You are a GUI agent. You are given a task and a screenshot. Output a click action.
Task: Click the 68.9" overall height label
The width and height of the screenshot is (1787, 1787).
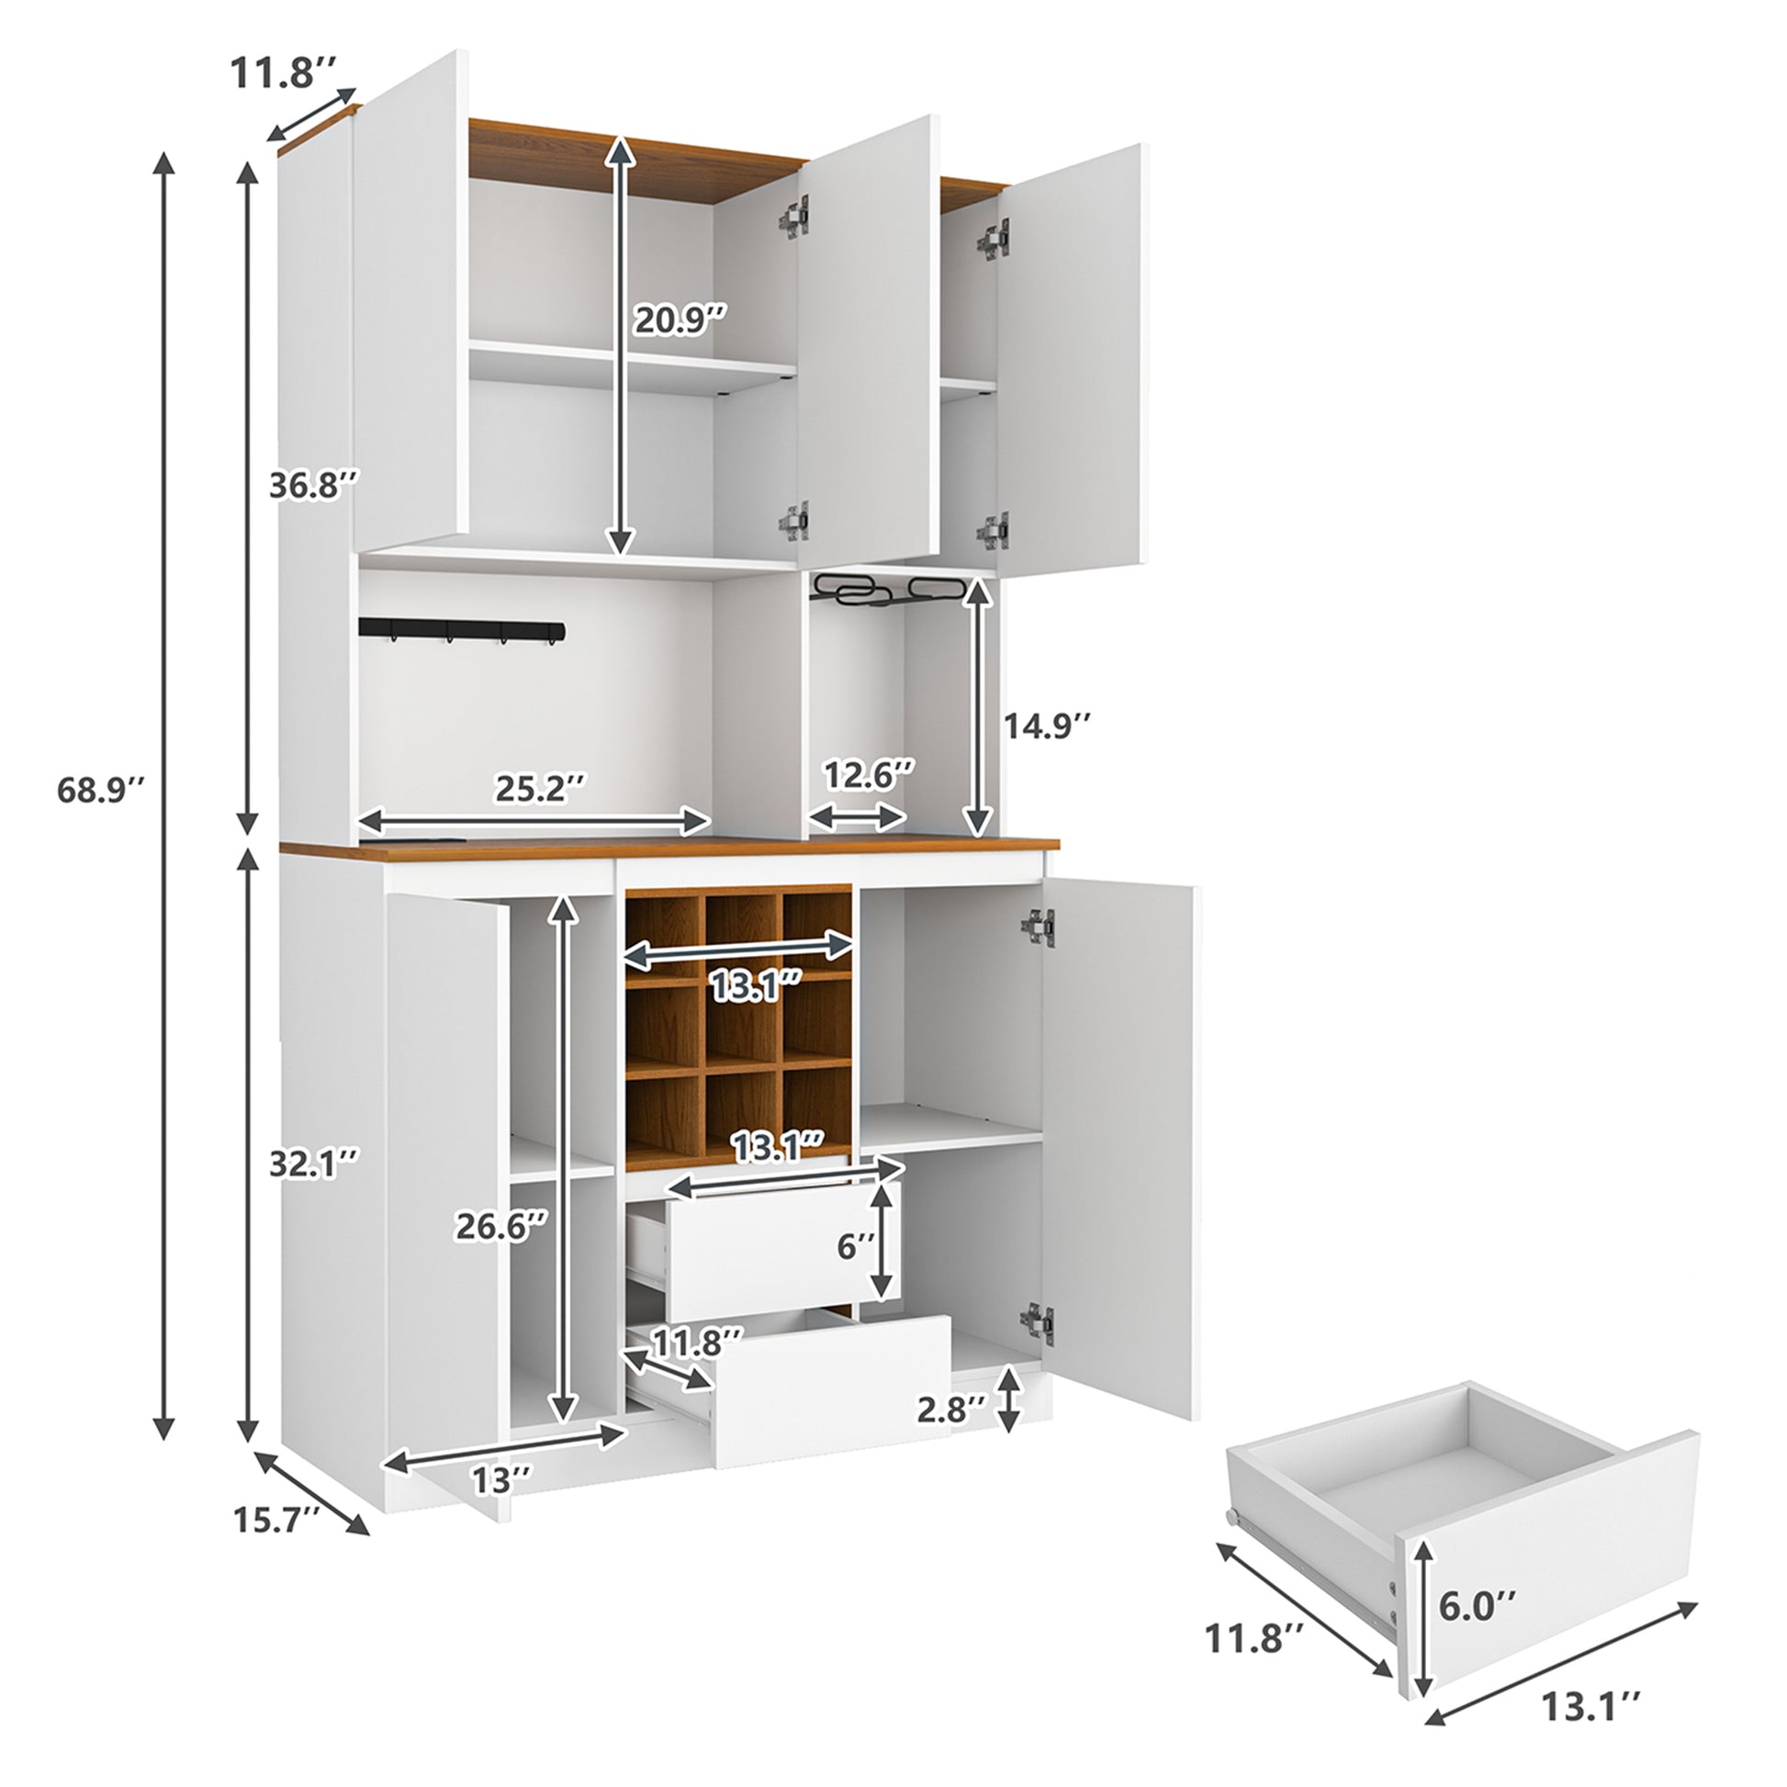pos(101,789)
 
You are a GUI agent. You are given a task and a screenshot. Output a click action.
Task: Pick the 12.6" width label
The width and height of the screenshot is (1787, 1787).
pos(870,775)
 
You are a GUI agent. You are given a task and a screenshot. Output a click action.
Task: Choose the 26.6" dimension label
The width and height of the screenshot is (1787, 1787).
pos(501,1226)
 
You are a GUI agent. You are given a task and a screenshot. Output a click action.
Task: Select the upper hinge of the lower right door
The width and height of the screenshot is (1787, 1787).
pos(1038,927)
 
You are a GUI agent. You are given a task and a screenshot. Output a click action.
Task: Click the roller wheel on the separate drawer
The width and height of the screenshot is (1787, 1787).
pos(1233,1518)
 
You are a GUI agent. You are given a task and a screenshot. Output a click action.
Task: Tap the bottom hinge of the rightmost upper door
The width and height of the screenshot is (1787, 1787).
pos(993,531)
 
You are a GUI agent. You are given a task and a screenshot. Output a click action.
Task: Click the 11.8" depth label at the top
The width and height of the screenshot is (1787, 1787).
pos(284,73)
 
